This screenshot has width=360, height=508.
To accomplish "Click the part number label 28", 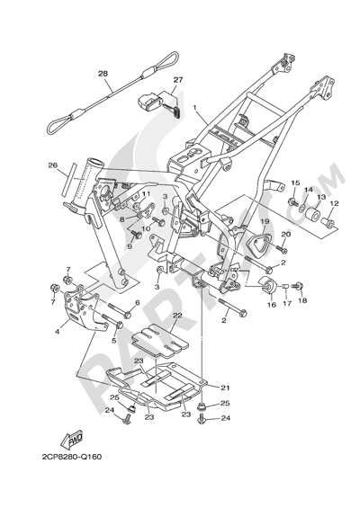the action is [103, 74].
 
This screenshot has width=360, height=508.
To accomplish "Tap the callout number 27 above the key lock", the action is [178, 80].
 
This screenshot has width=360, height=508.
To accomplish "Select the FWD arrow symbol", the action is [72, 439].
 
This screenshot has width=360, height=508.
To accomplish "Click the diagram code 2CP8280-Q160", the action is [72, 457].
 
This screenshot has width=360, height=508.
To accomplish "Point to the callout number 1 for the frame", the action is [195, 107].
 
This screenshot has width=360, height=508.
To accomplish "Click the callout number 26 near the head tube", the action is [53, 165].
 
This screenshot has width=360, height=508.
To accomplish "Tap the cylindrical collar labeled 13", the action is [313, 215].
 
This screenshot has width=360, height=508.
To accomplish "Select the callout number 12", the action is [334, 203].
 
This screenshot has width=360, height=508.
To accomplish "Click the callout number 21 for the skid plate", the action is [225, 388].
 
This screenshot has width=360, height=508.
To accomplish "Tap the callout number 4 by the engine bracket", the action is [58, 332].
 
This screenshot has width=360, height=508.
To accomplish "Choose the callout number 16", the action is [272, 305].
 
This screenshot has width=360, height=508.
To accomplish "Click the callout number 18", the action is [302, 300].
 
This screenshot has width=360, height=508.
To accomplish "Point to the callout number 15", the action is [295, 183].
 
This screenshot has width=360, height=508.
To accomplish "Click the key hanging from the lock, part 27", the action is [175, 111].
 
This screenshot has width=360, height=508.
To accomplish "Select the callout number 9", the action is [130, 246].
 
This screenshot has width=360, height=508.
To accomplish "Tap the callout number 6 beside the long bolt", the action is [137, 303].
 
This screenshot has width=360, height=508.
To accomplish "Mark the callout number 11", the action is [147, 193].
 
